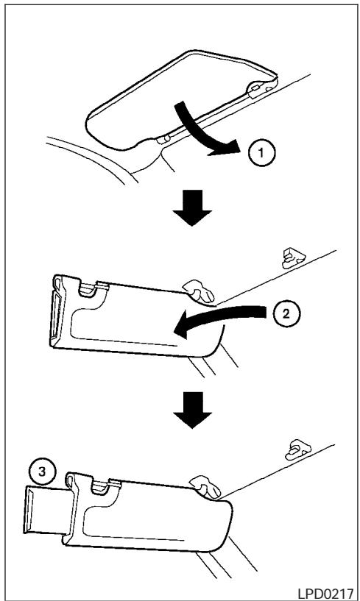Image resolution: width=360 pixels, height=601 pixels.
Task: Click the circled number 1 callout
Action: click(x=261, y=153)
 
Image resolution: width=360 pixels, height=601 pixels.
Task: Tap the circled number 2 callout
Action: click(x=286, y=313)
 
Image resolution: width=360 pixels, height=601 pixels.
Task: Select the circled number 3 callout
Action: click(x=42, y=472)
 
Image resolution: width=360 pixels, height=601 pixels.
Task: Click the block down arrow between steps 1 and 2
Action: click(x=192, y=207)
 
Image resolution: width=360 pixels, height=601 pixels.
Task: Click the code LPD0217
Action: click(x=325, y=593)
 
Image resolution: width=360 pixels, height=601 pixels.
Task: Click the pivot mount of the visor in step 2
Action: click(x=200, y=291)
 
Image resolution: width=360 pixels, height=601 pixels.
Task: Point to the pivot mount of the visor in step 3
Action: click(x=205, y=487)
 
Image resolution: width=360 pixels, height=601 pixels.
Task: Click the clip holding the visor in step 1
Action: click(x=259, y=86)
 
